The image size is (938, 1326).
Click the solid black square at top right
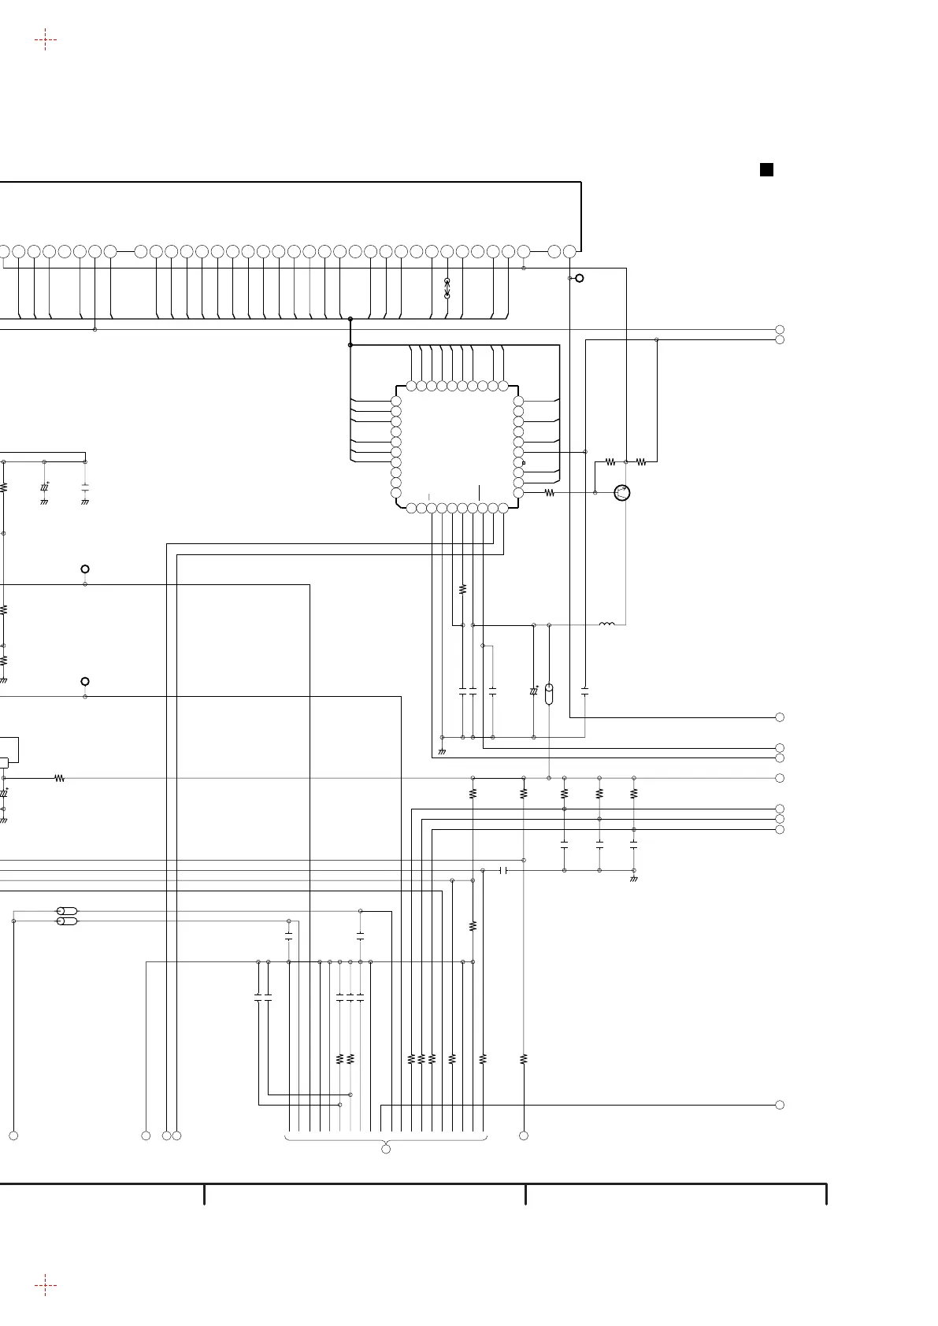(766, 169)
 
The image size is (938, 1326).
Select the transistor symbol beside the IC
(623, 493)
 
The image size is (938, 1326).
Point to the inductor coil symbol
(607, 624)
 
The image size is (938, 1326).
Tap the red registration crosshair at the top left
(46, 39)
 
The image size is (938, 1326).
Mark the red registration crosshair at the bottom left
(46, 1285)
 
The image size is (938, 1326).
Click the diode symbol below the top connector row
(447, 288)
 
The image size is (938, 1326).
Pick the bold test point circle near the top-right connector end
(580, 278)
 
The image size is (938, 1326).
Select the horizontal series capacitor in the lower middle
(504, 870)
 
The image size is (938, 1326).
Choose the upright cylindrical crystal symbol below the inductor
(549, 694)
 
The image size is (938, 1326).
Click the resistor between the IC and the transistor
(550, 493)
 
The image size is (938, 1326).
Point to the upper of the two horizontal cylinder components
(67, 911)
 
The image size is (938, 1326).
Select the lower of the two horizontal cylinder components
(67, 920)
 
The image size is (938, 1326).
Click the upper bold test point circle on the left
(85, 569)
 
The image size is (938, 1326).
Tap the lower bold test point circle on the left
(85, 681)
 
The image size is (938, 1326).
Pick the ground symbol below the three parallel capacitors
(634, 879)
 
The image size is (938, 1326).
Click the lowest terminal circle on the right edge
(780, 1105)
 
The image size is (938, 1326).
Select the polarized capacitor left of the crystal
(534, 691)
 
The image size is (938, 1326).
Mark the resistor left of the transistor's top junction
(610, 462)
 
